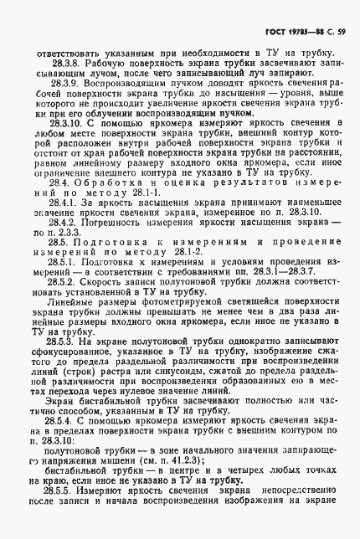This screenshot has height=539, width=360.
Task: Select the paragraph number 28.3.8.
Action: tap(65, 63)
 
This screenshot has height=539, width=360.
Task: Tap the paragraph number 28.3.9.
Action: tap(65, 85)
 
